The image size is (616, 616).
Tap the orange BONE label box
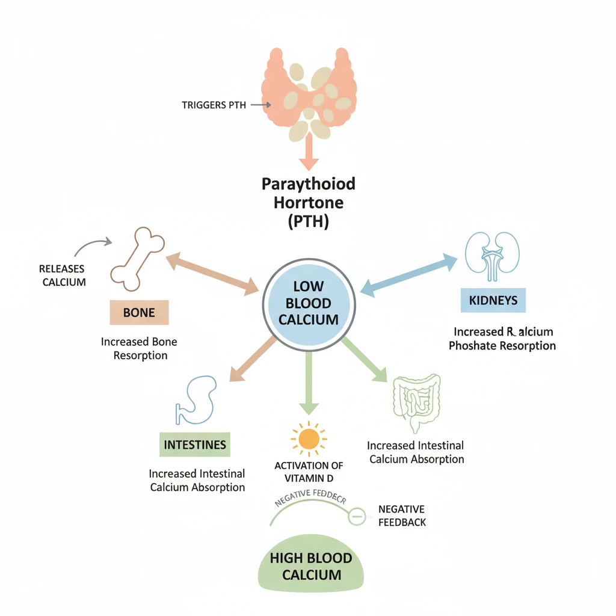pos(139,313)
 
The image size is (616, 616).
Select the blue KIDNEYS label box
pos(493,300)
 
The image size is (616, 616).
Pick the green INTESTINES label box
pos(195,445)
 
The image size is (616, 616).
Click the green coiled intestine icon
pos(416,402)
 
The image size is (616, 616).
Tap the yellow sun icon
pos(309,439)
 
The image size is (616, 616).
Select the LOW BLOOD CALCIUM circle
pos(309,303)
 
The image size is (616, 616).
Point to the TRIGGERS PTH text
pos(214,105)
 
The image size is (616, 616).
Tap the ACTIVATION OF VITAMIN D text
pos(309,472)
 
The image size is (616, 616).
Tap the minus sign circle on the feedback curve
pos(357,516)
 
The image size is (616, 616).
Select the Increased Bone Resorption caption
pos(139,348)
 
